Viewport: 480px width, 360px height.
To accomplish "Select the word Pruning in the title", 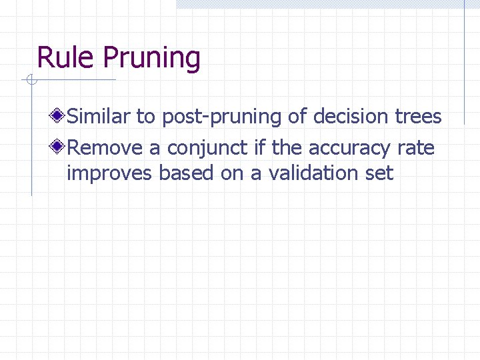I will click(x=151, y=59).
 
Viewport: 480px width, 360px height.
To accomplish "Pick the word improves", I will click(x=109, y=174).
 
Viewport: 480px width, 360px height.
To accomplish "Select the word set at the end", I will click(x=379, y=173).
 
